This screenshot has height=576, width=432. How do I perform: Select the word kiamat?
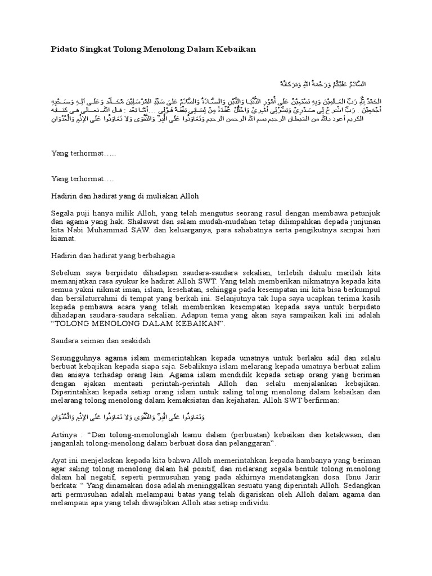[63, 238]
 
